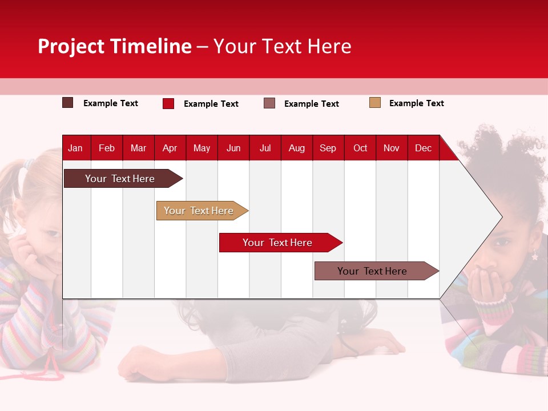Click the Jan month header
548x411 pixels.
[75, 148]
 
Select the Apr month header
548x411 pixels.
[170, 148]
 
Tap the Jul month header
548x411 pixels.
[265, 148]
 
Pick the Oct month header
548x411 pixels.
[360, 148]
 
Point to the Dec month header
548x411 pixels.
[423, 148]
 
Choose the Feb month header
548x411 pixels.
[107, 148]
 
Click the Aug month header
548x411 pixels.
[297, 148]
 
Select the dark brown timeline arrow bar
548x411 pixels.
[123, 178]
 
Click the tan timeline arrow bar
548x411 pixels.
[202, 211]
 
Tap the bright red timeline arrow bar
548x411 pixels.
[281, 243]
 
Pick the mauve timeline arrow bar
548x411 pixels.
[377, 271]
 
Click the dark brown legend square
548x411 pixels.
[67, 103]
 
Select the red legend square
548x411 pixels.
[168, 103]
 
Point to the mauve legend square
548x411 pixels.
[269, 103]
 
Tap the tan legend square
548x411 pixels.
[375, 102]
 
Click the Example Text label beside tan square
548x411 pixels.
[417, 103]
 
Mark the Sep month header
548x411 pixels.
[328, 148]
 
